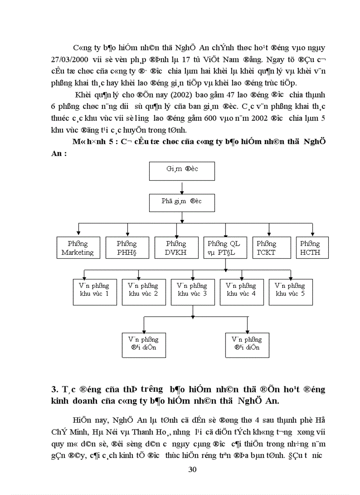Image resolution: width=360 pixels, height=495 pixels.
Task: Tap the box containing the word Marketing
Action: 78,248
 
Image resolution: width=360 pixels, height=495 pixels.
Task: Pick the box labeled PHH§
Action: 127,248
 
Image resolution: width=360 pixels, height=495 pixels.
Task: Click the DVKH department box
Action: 176,248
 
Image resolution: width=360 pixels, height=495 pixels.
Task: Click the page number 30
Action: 192,469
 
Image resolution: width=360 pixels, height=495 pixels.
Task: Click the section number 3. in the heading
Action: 55,389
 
